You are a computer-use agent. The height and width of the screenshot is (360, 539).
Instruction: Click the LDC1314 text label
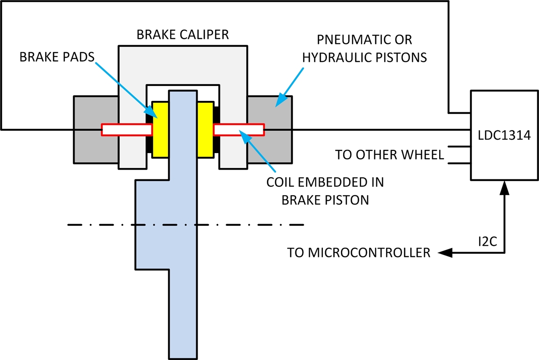click(504, 135)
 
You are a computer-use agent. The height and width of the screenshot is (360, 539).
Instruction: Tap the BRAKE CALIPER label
click(183, 35)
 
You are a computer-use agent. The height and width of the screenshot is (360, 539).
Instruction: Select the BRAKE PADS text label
click(57, 57)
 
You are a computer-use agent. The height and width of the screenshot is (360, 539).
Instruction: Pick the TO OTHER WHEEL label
click(389, 155)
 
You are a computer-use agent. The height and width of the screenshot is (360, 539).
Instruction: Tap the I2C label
click(487, 242)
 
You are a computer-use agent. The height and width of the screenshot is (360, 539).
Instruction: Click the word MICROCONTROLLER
click(369, 253)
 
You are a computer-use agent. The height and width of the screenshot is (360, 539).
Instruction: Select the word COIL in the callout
click(280, 182)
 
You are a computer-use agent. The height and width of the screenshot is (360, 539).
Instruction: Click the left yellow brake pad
click(160, 130)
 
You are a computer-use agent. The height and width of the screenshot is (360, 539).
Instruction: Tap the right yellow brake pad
click(206, 130)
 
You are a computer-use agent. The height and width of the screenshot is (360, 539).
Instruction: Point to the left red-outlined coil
click(127, 130)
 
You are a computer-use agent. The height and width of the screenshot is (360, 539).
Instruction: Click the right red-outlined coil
click(239, 130)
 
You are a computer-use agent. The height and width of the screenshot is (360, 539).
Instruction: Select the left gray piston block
click(96, 130)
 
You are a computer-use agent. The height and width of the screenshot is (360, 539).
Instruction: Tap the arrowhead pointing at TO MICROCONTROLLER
click(445, 253)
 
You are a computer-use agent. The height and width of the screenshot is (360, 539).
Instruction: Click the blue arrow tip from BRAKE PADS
click(157, 118)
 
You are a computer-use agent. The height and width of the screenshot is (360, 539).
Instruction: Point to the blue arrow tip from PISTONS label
click(276, 107)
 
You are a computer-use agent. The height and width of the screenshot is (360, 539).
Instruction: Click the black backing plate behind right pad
click(216, 130)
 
